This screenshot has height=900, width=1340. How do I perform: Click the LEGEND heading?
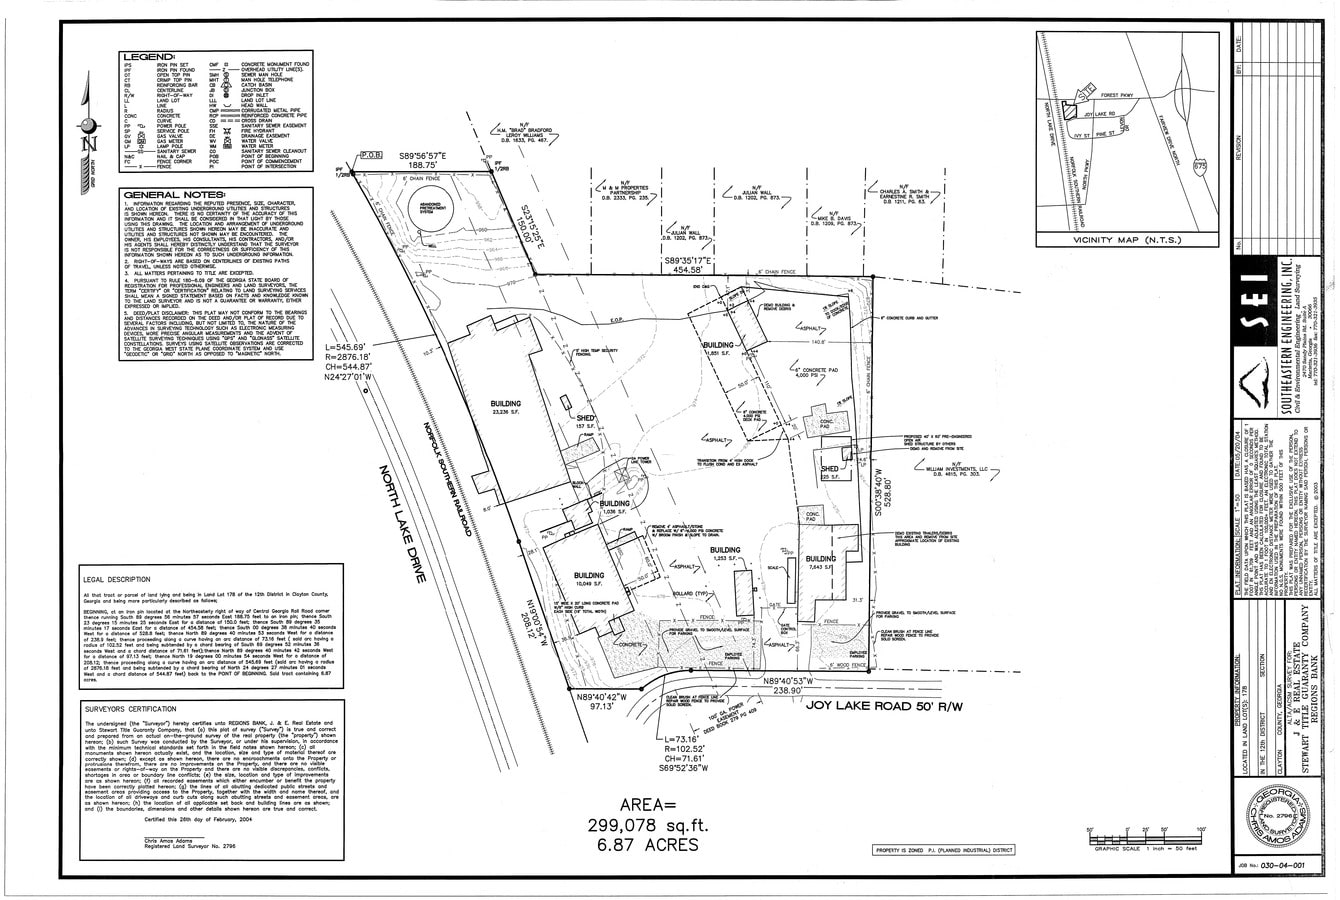point(147,57)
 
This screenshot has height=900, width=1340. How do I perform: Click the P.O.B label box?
point(372,157)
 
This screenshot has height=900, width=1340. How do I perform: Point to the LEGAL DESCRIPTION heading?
point(117,579)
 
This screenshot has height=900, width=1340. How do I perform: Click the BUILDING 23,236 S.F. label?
point(505,409)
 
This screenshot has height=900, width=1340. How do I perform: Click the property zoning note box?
point(944,850)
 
